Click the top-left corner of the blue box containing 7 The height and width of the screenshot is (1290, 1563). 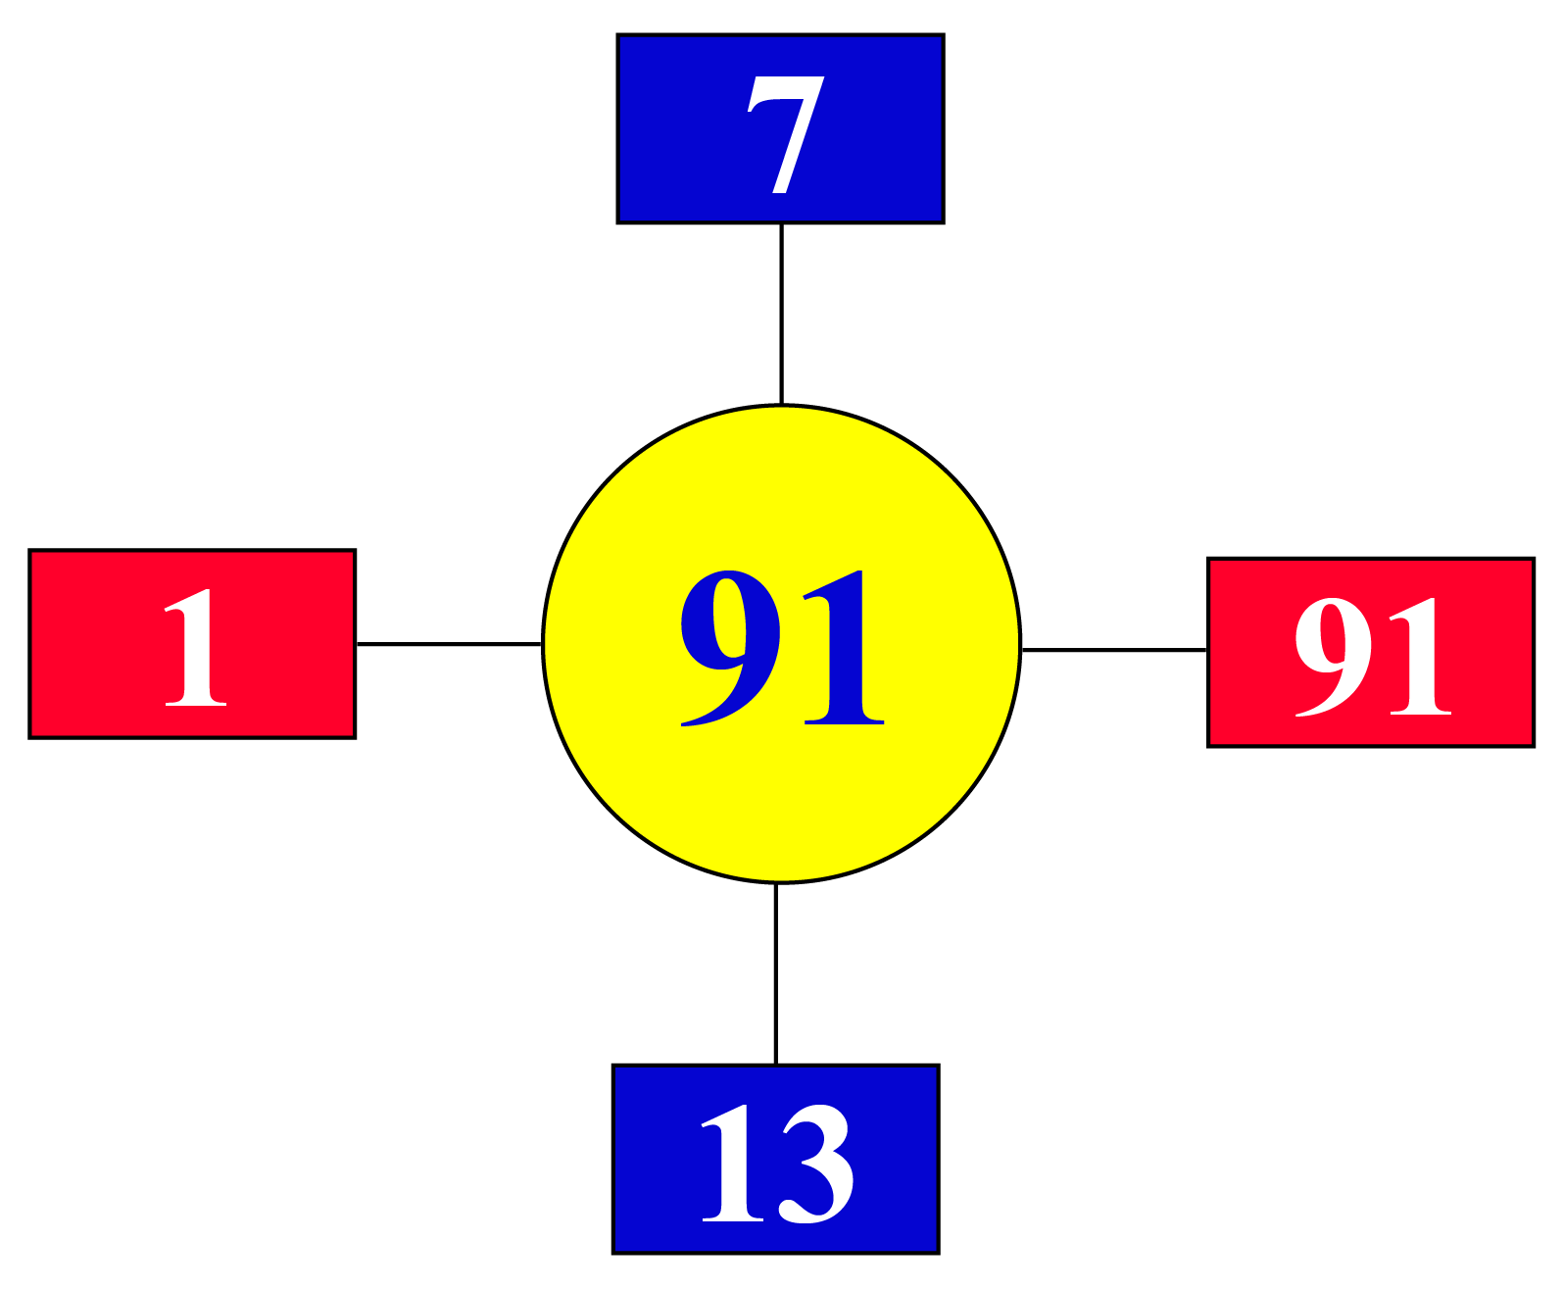[x=617, y=34]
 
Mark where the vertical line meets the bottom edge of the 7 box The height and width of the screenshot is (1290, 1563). [x=782, y=223]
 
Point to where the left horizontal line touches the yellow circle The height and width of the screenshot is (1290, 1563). [x=543, y=644]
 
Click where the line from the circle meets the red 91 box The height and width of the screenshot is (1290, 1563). [x=1208, y=650]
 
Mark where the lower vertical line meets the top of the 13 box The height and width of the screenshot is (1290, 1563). [x=776, y=1065]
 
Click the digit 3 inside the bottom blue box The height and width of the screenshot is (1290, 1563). [x=816, y=1165]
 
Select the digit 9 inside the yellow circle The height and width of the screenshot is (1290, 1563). [x=730, y=648]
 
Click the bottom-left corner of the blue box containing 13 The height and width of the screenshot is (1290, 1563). [x=613, y=1254]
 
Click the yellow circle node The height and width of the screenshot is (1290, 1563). [x=782, y=644]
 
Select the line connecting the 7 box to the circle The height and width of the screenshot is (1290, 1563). [x=782, y=315]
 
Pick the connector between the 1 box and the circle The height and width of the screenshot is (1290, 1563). [x=449, y=644]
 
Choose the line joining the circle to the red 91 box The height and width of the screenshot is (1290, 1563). [x=1114, y=650]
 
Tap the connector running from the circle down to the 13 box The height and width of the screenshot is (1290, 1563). [x=776, y=974]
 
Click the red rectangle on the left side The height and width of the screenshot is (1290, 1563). [x=192, y=644]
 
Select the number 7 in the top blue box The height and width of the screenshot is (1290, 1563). [x=786, y=134]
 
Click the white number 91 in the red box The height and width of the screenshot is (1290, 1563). [x=1374, y=657]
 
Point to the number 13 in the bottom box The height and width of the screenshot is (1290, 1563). [x=777, y=1165]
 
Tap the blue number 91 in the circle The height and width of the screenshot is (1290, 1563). [x=782, y=648]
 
